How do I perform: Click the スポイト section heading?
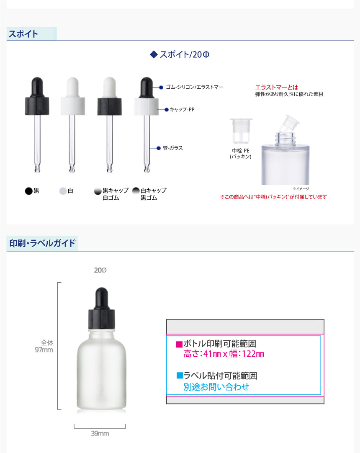coord(23,34)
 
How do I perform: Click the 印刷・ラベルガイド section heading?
coord(42,243)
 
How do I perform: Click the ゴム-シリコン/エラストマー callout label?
coord(195,87)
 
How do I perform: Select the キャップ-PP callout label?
coord(182,110)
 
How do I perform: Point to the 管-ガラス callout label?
coord(173,148)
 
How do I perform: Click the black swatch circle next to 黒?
coord(28,191)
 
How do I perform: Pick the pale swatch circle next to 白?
coord(63,191)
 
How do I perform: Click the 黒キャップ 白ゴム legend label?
coord(115,194)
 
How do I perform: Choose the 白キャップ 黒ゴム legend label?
coord(154,194)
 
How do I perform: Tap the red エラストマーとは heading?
coord(277,87)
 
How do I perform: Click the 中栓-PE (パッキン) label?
coord(241,153)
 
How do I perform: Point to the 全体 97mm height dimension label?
coord(44,346)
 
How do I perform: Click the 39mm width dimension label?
coord(100,433)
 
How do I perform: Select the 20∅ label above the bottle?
coord(100,270)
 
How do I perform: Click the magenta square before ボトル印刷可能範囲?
coord(180,344)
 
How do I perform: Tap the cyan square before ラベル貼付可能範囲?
coord(180,376)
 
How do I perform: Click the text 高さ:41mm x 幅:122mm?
coord(224,354)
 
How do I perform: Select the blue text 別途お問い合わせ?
coord(216,387)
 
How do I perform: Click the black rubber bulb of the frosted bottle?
coord(102,298)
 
